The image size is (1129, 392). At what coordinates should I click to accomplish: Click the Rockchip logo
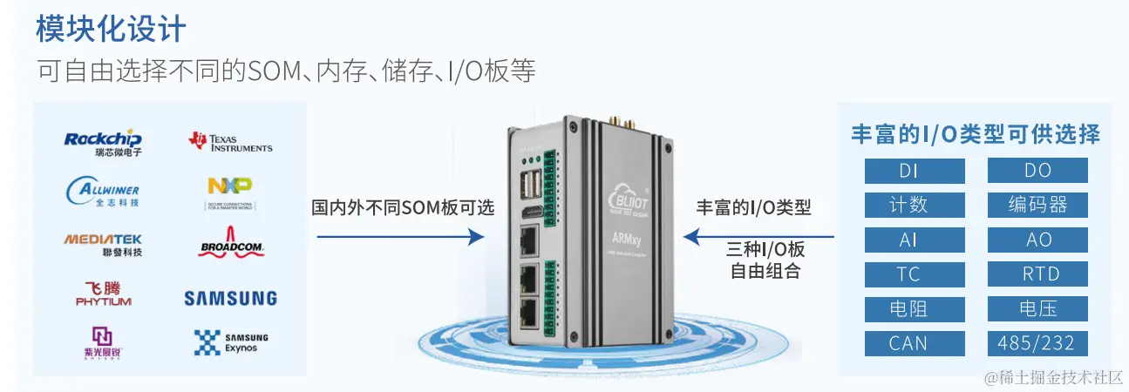tap(103, 142)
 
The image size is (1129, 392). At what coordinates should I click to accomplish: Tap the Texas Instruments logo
tap(230, 142)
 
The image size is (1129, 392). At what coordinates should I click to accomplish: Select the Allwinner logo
tap(103, 192)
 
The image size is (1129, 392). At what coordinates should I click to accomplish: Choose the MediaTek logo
tap(103, 244)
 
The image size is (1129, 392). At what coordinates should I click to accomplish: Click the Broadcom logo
tap(231, 244)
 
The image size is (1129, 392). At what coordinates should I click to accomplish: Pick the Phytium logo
tap(103, 294)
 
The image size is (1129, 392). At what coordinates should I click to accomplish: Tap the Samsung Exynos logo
tap(231, 341)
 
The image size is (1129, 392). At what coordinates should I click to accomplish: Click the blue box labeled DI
tap(915, 171)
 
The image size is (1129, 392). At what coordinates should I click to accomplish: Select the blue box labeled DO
tap(1037, 171)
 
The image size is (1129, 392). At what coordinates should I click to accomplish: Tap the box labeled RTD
tap(1037, 274)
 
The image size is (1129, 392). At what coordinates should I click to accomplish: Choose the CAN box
tap(915, 343)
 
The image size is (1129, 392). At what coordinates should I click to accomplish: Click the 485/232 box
tap(1037, 343)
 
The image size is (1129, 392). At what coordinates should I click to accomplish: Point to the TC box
tap(915, 274)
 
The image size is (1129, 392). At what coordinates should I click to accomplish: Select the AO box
tap(1037, 240)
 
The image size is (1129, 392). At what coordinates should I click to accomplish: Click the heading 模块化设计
tap(111, 29)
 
